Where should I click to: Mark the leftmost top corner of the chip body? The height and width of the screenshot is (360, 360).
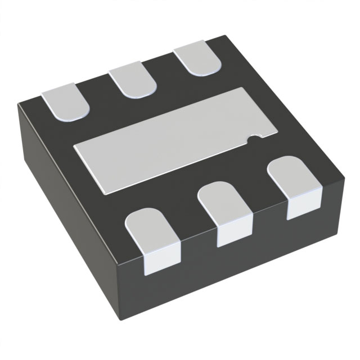point(18,104)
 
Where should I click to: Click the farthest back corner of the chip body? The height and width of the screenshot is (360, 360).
point(225,37)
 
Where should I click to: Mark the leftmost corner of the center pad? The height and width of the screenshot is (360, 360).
point(74,147)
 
